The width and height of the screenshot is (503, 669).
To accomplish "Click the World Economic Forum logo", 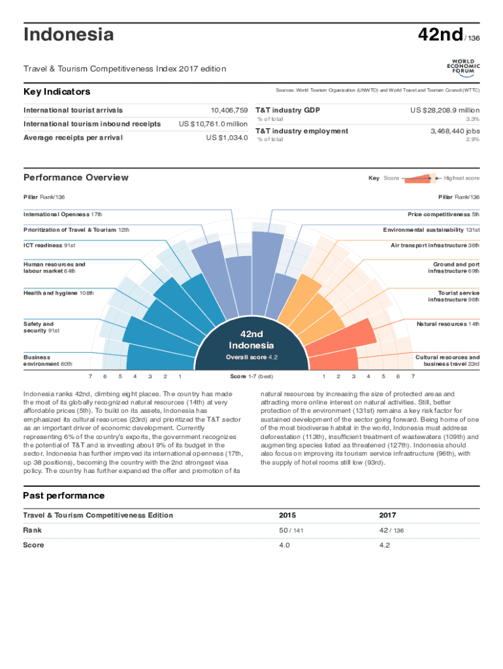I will [x=463, y=67].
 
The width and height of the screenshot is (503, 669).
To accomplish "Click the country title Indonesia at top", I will [x=68, y=35].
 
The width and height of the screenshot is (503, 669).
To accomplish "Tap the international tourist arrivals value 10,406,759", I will [x=225, y=110].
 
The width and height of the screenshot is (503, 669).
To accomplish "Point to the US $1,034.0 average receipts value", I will [x=227, y=138].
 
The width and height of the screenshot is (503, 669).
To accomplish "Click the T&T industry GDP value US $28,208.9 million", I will [x=444, y=110].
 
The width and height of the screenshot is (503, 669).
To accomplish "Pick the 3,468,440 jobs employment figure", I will [x=454, y=131].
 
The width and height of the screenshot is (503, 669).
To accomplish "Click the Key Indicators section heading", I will [x=57, y=92].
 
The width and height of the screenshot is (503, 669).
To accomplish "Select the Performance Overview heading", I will [x=76, y=177].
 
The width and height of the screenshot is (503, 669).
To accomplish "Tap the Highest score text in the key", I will [x=461, y=178].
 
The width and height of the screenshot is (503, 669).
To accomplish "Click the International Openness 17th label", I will [x=63, y=214].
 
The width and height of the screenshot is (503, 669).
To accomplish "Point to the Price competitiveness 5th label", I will [x=444, y=214].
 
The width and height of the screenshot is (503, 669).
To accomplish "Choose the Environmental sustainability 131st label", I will [x=431, y=230].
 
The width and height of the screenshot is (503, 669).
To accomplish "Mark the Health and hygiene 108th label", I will [x=58, y=293].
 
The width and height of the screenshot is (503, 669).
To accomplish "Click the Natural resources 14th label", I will [x=447, y=324].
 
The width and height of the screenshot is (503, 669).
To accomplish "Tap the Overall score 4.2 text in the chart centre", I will [x=252, y=357].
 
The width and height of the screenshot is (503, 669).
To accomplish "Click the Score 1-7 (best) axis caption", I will [x=252, y=376].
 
